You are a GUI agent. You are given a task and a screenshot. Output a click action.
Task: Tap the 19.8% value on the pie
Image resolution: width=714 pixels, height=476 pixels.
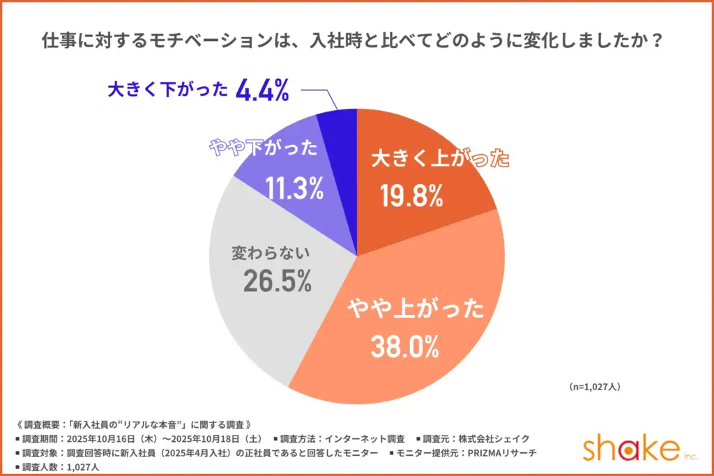point(412,197)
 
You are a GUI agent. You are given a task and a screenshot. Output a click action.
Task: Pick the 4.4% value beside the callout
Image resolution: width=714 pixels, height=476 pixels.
point(263,91)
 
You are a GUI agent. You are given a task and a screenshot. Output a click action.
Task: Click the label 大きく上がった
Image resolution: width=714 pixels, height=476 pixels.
point(439,159)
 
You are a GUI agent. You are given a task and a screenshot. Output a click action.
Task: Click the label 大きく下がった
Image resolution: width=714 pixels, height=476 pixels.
point(168,91)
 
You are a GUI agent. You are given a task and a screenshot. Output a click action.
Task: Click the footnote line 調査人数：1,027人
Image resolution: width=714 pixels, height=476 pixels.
point(56,468)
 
